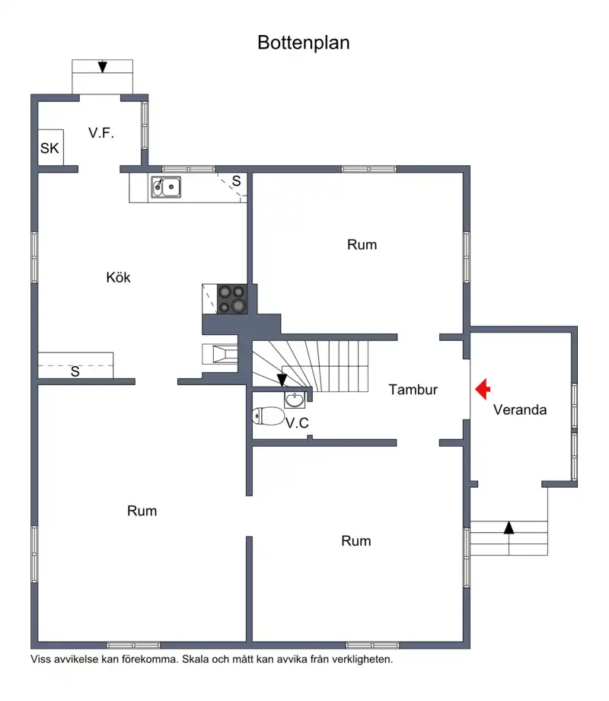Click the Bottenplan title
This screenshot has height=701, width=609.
click(x=304, y=43)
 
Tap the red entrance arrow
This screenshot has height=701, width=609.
click(x=483, y=389)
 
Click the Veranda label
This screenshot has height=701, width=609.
click(x=520, y=410)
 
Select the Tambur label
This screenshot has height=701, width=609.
click(x=413, y=390)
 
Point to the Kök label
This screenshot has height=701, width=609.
click(x=119, y=277)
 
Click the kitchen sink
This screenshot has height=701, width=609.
click(x=166, y=187)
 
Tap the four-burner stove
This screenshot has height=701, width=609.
click(x=232, y=298)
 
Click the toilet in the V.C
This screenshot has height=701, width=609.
click(x=268, y=416)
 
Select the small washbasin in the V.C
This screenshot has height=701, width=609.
click(x=295, y=400)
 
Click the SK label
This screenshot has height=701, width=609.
click(x=49, y=148)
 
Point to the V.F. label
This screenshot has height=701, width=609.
click(x=101, y=132)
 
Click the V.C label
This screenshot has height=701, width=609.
click(x=298, y=423)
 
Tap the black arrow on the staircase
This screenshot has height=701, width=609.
click(x=282, y=380)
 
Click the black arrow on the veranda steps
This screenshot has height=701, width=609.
click(x=509, y=527)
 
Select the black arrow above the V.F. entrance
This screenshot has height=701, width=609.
click(x=103, y=67)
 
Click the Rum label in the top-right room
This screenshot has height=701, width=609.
click(x=362, y=245)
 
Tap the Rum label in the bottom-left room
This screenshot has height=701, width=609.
click(x=142, y=511)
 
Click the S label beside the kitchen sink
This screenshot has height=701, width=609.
click(x=237, y=181)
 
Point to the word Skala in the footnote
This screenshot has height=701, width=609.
click(x=196, y=659)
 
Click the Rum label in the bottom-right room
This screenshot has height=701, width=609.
click(x=356, y=541)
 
